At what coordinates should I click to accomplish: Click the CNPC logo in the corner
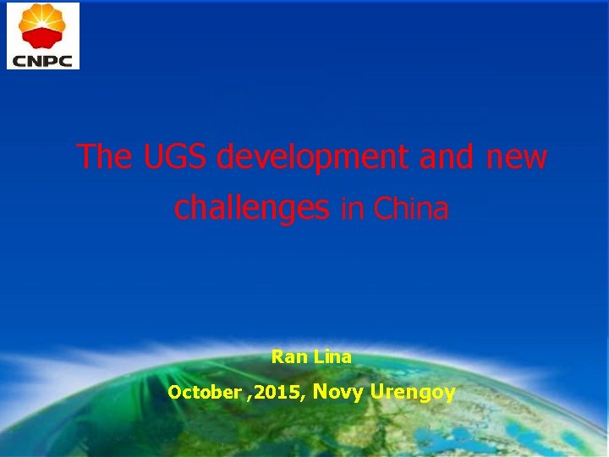(x=43, y=36)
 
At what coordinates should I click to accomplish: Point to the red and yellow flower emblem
(x=43, y=25)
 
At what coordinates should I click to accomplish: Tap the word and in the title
(x=448, y=157)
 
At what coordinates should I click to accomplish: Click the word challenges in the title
(x=251, y=208)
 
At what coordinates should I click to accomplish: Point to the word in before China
(x=350, y=208)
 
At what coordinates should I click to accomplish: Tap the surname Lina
(x=332, y=357)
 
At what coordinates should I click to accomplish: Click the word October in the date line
(x=204, y=393)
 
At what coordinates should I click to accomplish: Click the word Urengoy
(x=413, y=393)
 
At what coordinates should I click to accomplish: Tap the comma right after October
(x=248, y=396)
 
